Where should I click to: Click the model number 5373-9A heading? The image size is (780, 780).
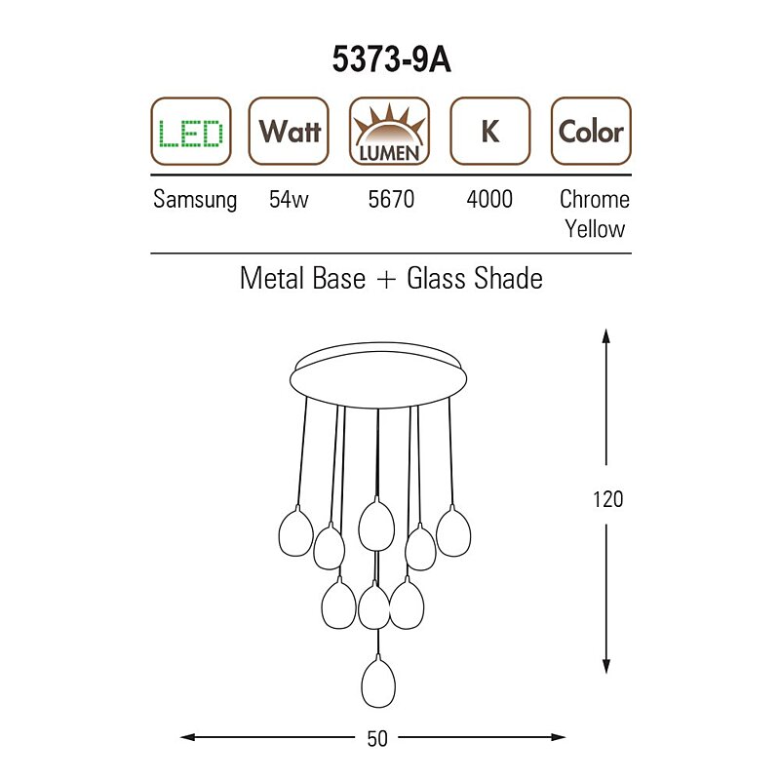click(392, 59)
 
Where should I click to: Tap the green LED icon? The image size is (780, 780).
click(191, 132)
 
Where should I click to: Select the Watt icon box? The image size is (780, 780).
click(289, 132)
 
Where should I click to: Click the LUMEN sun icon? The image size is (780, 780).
click(389, 132)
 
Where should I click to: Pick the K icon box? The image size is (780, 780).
click(490, 132)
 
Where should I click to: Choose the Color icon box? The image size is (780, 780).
click(591, 132)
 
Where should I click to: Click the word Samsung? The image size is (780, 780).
click(195, 200)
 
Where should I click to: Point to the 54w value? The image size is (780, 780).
click(289, 199)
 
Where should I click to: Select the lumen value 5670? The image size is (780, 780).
click(391, 199)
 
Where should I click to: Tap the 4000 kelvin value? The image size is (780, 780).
click(489, 199)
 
